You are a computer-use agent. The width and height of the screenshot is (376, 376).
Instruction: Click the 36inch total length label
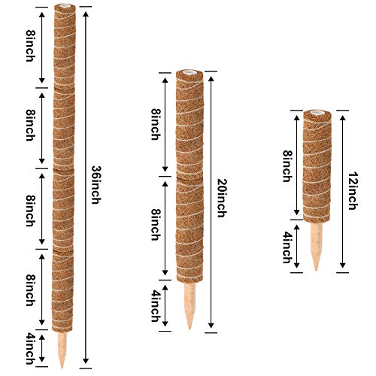[x=96, y=185]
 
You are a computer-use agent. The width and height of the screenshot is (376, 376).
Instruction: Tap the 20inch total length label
[x=222, y=198]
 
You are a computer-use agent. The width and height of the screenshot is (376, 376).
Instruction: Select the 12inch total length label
[x=353, y=190]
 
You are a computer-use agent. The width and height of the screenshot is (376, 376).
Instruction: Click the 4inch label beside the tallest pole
[x=30, y=348]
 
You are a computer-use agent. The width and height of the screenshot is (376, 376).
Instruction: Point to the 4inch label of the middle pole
[x=156, y=306]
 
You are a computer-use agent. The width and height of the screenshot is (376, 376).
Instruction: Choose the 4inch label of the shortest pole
[x=287, y=247]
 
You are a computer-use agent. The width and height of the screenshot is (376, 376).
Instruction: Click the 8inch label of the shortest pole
[x=287, y=166]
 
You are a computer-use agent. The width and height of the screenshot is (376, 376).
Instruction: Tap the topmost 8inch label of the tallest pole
[x=30, y=46]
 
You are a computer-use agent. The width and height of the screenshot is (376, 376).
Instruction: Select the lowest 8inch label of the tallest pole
[x=30, y=290]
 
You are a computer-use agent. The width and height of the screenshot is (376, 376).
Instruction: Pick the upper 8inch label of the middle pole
[x=156, y=124]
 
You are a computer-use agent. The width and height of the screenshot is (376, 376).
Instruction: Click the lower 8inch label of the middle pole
[x=156, y=225]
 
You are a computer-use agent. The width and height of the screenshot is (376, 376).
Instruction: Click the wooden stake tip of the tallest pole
[x=62, y=368]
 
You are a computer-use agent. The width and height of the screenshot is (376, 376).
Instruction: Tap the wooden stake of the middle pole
[x=190, y=306]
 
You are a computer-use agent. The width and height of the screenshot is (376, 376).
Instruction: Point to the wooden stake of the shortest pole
[x=317, y=247]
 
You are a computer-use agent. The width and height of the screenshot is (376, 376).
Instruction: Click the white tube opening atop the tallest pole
[x=65, y=5]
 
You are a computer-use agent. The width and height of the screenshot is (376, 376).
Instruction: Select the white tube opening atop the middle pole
[x=190, y=72]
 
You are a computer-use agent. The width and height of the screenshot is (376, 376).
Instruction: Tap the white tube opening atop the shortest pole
[x=317, y=112]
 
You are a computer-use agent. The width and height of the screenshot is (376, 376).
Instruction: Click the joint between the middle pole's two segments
[x=190, y=178]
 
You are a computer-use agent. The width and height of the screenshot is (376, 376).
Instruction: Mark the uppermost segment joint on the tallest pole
[x=64, y=88]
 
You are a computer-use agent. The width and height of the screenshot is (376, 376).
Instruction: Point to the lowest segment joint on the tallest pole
[x=63, y=250]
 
